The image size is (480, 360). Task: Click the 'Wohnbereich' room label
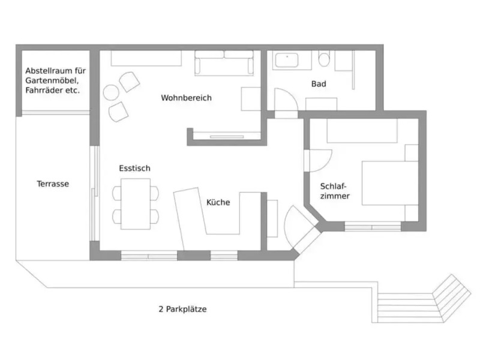click(186, 98)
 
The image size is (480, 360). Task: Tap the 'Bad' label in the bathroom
click(319, 84)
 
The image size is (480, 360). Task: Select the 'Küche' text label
click(218, 202)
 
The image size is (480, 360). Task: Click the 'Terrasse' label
click(53, 184)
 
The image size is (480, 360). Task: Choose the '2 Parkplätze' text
click(182, 310)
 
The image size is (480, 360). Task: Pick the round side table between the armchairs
click(112, 92)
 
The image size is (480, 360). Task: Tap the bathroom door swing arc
click(286, 99)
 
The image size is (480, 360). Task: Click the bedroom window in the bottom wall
click(373, 227)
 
